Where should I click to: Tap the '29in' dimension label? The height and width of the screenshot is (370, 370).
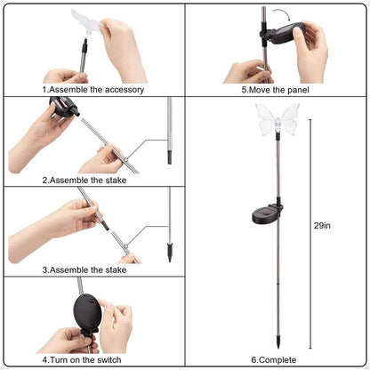click(x=322, y=226)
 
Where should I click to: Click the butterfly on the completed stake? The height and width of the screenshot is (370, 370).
click(x=277, y=120)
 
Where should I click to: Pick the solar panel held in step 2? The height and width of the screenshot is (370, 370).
click(x=63, y=106)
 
